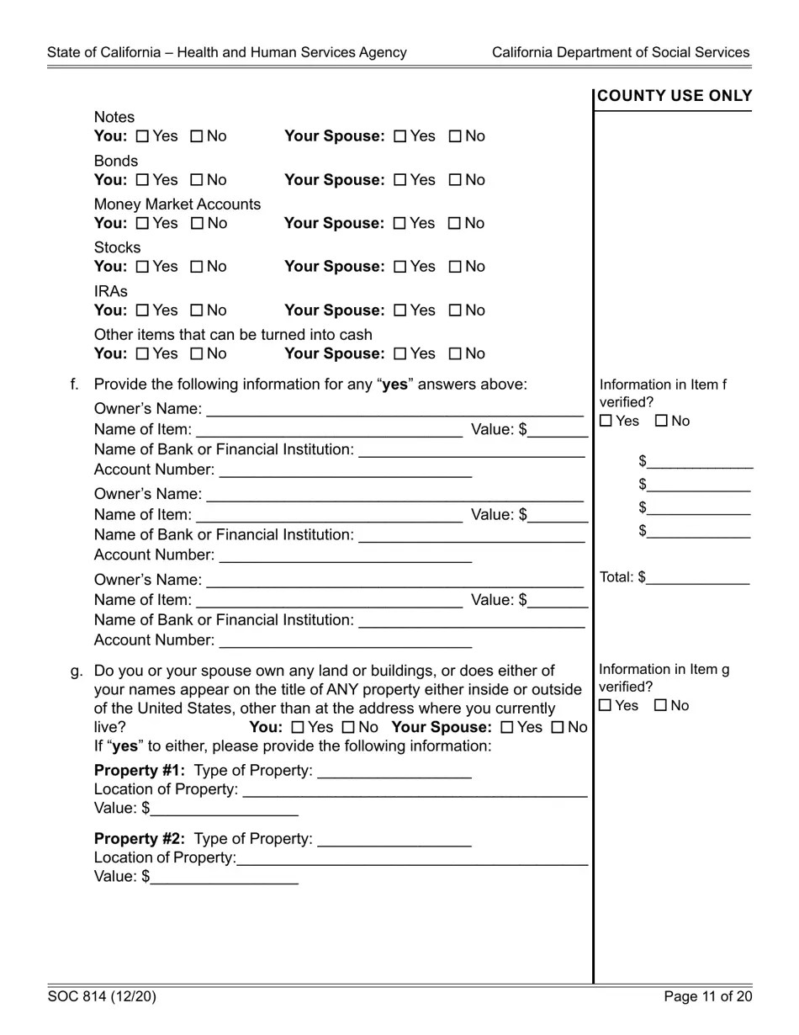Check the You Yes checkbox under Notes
(142, 136)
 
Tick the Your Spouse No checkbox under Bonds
(455, 180)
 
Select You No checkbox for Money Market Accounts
(197, 224)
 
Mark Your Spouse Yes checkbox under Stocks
(400, 267)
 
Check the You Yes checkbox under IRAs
(142, 310)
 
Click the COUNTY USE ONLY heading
(675, 96)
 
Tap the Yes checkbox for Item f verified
(606, 422)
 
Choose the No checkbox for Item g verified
(661, 706)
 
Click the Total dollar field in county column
(697, 578)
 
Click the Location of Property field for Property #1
(414, 789)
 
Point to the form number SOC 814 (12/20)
(102, 997)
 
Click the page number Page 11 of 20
(707, 997)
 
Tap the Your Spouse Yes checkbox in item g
(507, 728)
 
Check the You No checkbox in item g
(348, 728)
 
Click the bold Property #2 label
(140, 839)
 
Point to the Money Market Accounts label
(177, 204)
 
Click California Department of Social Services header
(621, 52)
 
